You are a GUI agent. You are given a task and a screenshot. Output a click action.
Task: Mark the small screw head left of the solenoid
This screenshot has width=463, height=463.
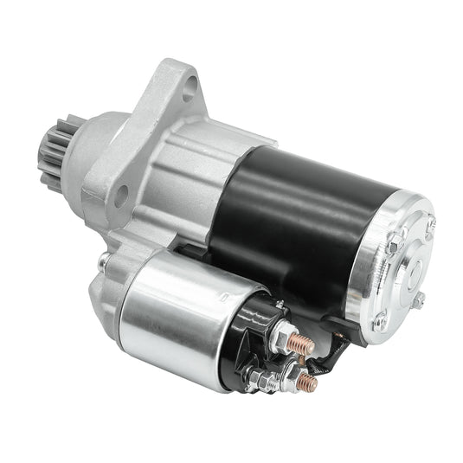[x=104, y=260]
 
